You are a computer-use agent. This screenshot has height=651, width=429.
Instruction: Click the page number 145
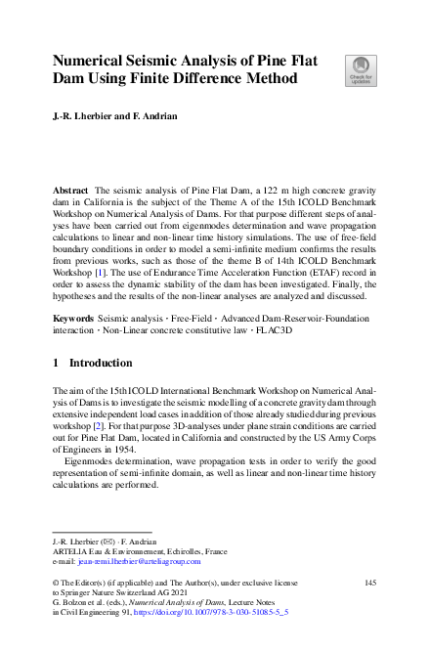[x=368, y=583]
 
